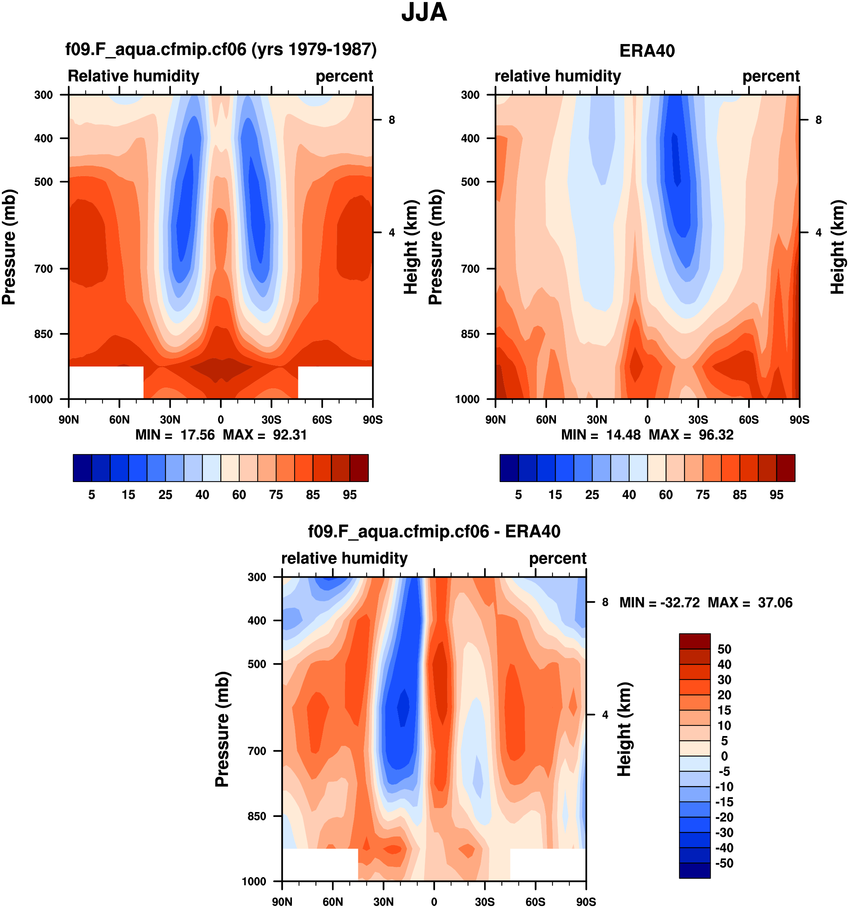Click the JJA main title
click(424, 12)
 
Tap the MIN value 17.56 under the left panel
click(197, 435)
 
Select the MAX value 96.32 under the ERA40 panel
click(716, 435)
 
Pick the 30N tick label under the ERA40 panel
click(597, 420)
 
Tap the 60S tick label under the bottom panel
click(535, 902)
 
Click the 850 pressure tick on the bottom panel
click(257, 816)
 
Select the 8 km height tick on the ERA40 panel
click(818, 120)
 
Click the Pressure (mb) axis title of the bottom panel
click(222, 729)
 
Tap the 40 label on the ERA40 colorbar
click(629, 495)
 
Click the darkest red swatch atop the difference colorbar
click(695, 641)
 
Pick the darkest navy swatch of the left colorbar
click(82, 468)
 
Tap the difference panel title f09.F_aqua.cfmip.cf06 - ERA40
click(434, 532)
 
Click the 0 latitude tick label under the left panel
click(220, 420)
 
